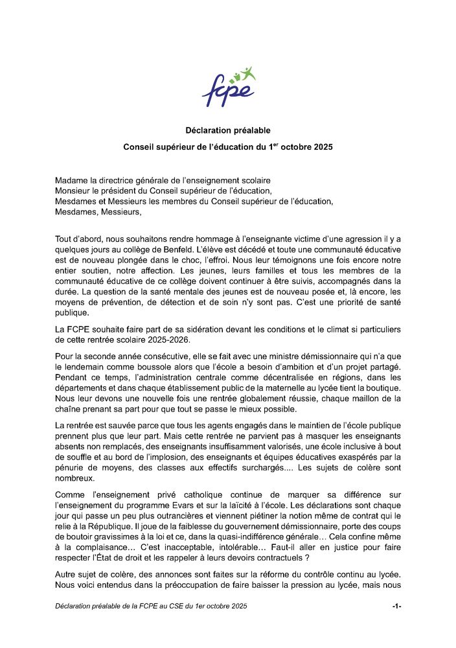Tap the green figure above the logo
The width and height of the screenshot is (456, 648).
[x=247, y=73]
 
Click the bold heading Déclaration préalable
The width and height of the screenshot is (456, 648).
[x=228, y=130]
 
